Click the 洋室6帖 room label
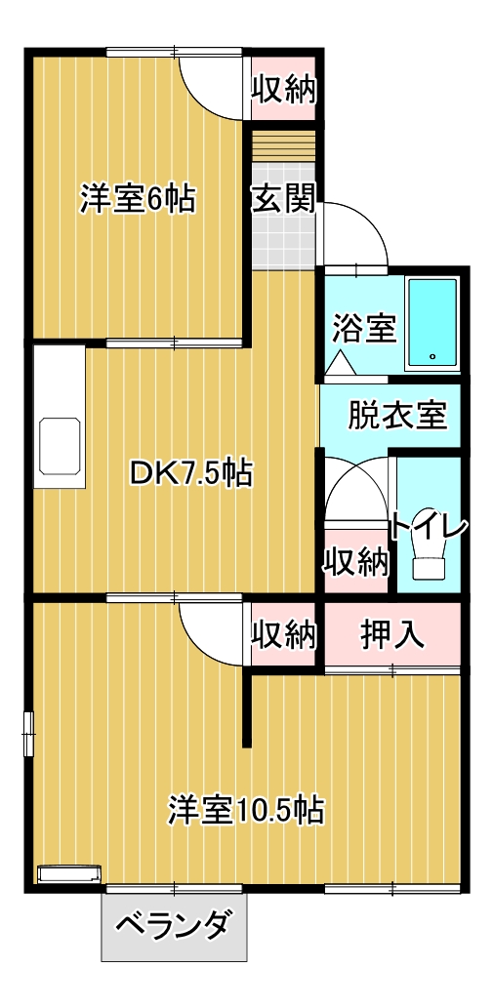[137, 199]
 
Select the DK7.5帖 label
[191, 474]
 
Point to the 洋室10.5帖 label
[246, 809]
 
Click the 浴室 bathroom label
[363, 328]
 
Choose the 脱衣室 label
[397, 415]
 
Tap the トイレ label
[429, 527]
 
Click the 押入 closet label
[392, 634]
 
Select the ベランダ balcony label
[174, 924]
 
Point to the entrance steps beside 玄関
[285, 148]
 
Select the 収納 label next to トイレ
[356, 561]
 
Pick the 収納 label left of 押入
[284, 634]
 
